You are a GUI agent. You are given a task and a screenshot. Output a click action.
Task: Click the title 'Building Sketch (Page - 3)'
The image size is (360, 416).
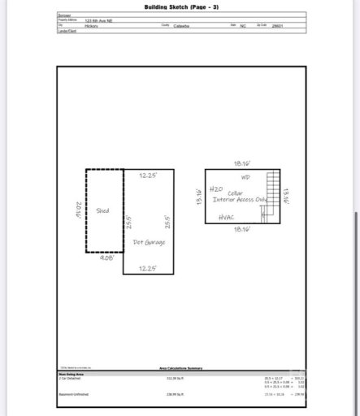[181, 6]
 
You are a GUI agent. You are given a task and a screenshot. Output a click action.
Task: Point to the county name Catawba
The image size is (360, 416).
[181, 25]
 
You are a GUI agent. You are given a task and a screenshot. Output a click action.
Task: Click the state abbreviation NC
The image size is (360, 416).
[242, 25]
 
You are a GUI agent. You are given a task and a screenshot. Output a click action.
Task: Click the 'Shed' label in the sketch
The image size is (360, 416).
[102, 210]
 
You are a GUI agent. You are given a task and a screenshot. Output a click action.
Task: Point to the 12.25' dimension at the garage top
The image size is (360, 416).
[147, 175]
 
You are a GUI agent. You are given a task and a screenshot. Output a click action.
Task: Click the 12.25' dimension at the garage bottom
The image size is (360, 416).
[147, 268]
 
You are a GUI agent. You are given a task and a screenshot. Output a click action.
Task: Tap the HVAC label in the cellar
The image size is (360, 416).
[227, 218]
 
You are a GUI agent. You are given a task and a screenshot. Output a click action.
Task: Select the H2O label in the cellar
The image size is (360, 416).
[216, 188]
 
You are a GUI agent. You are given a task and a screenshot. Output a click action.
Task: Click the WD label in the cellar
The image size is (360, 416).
[245, 176]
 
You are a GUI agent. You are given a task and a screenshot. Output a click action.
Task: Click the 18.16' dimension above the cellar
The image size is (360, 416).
[242, 163]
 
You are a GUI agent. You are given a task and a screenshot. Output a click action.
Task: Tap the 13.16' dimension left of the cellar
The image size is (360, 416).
[199, 196]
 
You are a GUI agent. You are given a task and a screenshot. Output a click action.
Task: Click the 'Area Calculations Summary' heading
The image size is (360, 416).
[180, 368]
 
